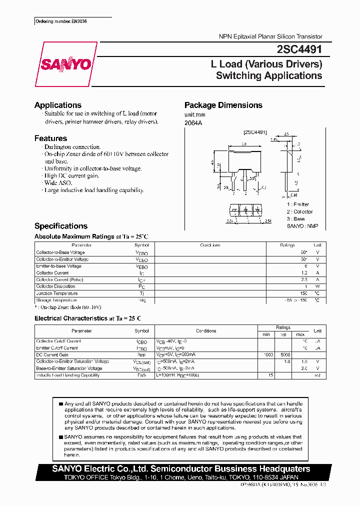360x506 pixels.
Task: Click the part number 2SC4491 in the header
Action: tap(299, 49)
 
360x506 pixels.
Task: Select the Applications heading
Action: tap(58, 105)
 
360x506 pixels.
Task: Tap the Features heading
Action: tap(50, 138)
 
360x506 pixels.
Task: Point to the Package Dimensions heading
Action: tap(223, 105)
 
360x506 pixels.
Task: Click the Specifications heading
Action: tap(61, 226)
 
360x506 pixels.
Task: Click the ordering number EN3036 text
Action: tap(65, 22)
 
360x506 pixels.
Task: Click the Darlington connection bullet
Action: tap(72, 147)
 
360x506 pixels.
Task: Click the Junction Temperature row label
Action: tap(57, 293)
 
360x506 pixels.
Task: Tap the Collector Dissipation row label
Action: tap(56, 286)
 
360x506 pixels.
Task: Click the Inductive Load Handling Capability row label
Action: tap(67, 375)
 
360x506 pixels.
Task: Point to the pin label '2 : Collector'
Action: tap(299, 211)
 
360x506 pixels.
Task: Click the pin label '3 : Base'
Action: tap(295, 219)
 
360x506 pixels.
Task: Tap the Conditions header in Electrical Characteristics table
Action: tap(206, 331)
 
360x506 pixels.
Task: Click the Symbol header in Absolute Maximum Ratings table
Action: tap(141, 245)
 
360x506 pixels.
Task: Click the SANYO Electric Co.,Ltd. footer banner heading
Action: tap(181, 469)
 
